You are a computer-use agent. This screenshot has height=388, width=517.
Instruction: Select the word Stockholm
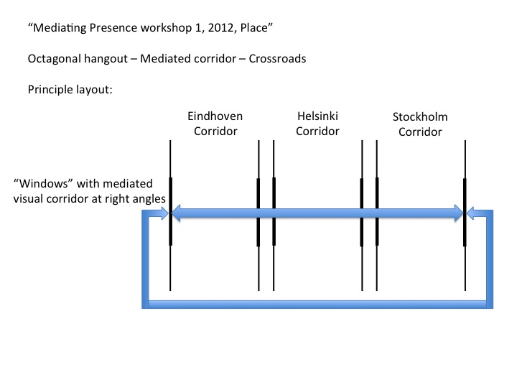click(x=420, y=117)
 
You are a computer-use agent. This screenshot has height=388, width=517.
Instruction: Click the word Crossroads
click(x=277, y=59)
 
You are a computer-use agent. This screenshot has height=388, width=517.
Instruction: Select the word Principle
click(x=50, y=91)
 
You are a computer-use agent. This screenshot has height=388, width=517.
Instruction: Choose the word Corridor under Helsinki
click(x=317, y=131)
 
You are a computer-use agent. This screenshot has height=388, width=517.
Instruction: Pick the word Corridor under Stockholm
click(x=420, y=132)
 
